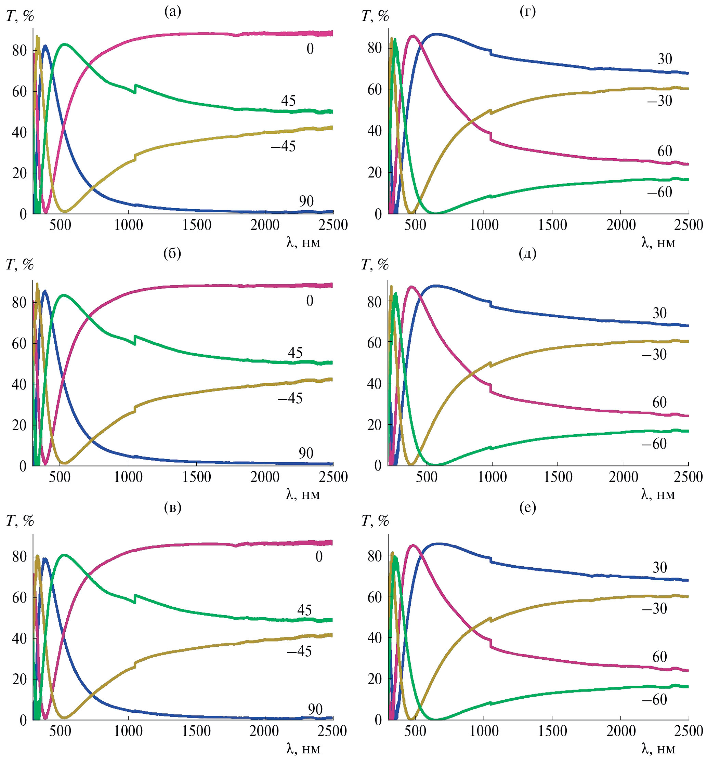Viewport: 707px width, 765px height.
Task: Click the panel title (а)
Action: pyautogui.click(x=172, y=12)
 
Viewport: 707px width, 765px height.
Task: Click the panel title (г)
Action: pyautogui.click(x=527, y=12)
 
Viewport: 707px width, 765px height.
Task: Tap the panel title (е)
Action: pyautogui.click(x=527, y=507)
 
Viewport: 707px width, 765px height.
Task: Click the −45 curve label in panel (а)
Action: pyautogui.click(x=284, y=146)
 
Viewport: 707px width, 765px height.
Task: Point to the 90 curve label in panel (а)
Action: pyautogui.click(x=306, y=201)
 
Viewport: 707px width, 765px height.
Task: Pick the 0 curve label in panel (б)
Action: pyautogui.click(x=310, y=301)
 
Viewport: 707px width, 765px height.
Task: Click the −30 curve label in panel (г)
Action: pyautogui.click(x=659, y=101)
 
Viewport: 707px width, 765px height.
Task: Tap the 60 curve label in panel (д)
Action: pyautogui.click(x=659, y=403)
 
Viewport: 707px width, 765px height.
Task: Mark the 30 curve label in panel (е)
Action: pyautogui.click(x=659, y=567)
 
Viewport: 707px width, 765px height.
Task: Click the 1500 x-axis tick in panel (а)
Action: pyautogui.click(x=197, y=225)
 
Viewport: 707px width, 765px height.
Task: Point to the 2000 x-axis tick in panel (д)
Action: pyautogui.click(x=623, y=477)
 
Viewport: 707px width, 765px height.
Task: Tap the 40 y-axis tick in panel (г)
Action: pyautogui.click(x=375, y=131)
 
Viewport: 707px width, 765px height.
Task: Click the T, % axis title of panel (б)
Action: pyautogui.click(x=20, y=264)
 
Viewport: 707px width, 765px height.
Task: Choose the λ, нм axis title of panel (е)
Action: pyautogui.click(x=658, y=749)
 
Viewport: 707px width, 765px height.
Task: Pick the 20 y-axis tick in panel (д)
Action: pyautogui.click(x=375, y=425)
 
